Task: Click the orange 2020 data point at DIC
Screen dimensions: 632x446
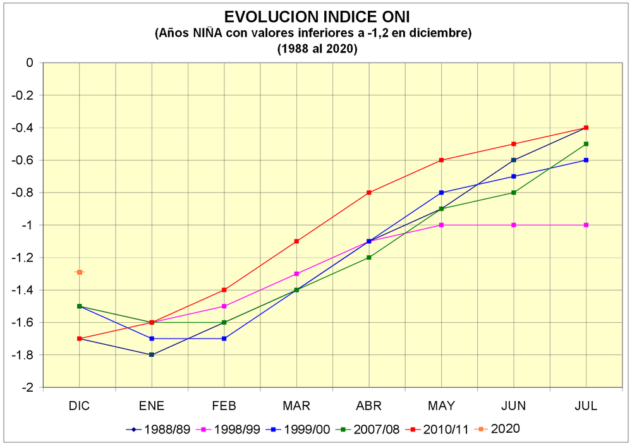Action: [80, 272]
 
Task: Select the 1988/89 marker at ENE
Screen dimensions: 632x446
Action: [152, 355]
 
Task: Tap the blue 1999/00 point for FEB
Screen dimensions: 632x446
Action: [224, 339]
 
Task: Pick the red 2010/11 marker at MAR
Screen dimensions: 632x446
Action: [296, 241]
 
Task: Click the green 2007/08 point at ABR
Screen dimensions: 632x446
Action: [369, 258]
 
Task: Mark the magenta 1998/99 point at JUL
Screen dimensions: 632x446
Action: [586, 225]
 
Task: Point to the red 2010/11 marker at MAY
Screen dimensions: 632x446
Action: [441, 160]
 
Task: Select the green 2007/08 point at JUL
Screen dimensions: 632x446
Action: [586, 144]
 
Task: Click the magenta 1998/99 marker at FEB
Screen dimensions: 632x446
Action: [224, 306]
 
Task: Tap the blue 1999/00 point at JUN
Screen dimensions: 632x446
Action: [513, 176]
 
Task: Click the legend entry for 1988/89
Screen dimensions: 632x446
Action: [158, 430]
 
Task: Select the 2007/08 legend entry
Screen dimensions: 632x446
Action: [368, 430]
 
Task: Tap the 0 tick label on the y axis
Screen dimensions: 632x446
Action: [30, 63]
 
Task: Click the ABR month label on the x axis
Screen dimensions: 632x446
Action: [369, 406]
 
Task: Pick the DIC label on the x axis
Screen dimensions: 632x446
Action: [80, 406]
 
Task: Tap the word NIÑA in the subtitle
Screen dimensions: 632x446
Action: [207, 33]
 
